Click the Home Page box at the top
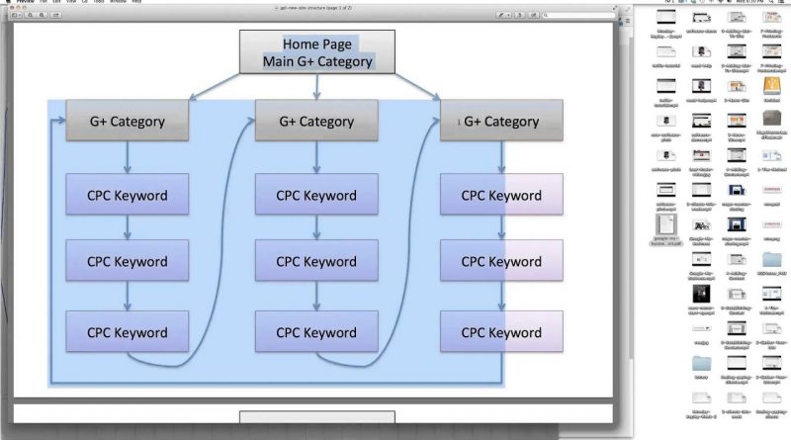[316, 44]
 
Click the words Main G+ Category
[317, 61]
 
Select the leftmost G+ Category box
[127, 122]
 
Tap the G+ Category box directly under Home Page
[315, 122]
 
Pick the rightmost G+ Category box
[501, 122]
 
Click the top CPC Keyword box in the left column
[127, 195]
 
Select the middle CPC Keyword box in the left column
[127, 262]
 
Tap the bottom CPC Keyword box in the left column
[127, 332]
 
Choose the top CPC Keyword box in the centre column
[315, 195]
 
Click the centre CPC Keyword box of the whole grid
[315, 262]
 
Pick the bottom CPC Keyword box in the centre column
[315, 332]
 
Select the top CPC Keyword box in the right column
[501, 195]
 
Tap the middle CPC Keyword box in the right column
[501, 262]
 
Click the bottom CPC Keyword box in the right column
[501, 332]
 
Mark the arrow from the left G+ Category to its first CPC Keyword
[128, 158]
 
